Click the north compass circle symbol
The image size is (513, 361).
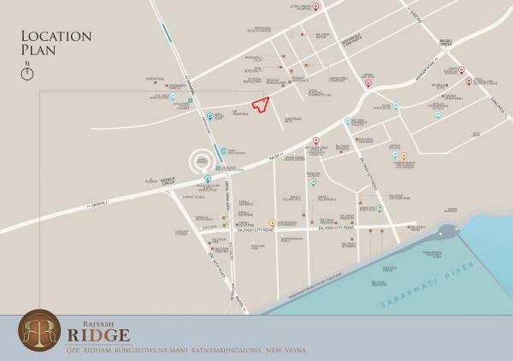(x=28, y=74)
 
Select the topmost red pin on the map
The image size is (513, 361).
(x=316, y=7)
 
